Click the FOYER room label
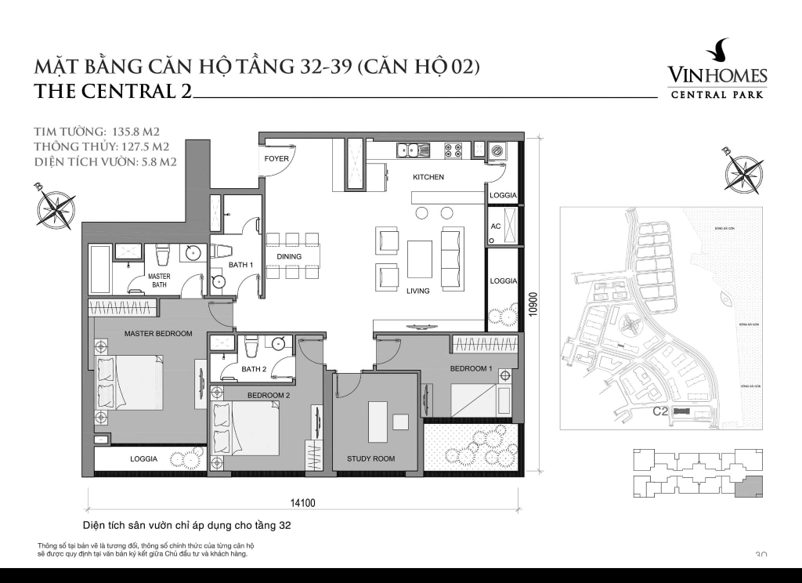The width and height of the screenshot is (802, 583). tap(277, 159)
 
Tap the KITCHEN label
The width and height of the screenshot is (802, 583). tap(428, 177)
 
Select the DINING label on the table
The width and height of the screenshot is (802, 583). tap(289, 256)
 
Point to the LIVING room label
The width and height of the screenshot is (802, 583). tap(417, 291)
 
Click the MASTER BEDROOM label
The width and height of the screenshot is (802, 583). tap(158, 334)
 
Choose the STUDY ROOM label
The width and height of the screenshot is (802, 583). tap(370, 458)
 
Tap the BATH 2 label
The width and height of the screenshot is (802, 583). tap(254, 369)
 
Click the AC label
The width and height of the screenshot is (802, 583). tap(495, 226)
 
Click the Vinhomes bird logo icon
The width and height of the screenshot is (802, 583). tap(717, 52)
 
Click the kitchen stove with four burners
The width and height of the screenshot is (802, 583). tap(453, 150)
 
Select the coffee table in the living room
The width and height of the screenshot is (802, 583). tap(419, 258)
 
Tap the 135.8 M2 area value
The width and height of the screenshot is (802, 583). tap(128, 132)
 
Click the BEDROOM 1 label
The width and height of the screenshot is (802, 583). tap(471, 368)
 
